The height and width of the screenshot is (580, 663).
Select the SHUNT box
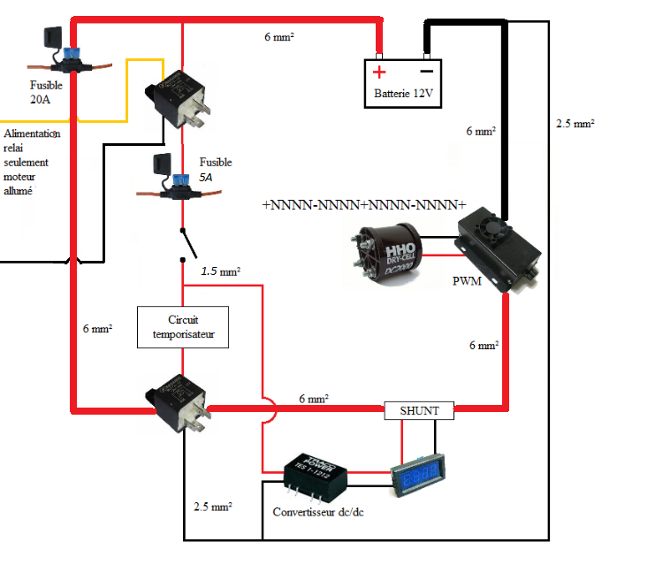pyautogui.click(x=419, y=410)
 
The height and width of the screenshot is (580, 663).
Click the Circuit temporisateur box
pyautogui.click(x=183, y=326)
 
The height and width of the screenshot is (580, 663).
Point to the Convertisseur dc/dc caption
pyautogui.click(x=317, y=512)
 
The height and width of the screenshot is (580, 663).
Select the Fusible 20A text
pyautogui.click(x=46, y=92)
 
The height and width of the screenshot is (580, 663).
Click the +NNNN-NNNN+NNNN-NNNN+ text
pyautogui.click(x=364, y=204)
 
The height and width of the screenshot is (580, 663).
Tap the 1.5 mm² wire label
pyautogui.click(x=221, y=271)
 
